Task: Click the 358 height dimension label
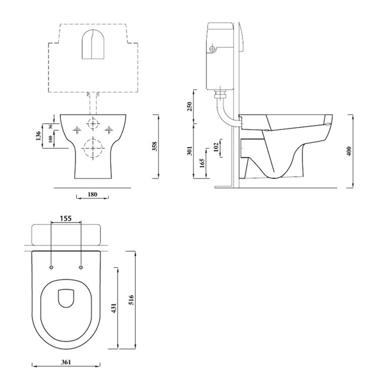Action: (x=154, y=147)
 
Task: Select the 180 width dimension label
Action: (x=92, y=194)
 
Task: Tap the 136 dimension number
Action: (x=38, y=136)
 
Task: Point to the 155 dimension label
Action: (x=66, y=218)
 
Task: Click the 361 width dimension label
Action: (x=66, y=362)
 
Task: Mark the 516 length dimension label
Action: (x=131, y=300)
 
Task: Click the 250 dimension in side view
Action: (x=189, y=107)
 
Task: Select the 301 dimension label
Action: (x=189, y=151)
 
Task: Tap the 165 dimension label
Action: (x=202, y=163)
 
